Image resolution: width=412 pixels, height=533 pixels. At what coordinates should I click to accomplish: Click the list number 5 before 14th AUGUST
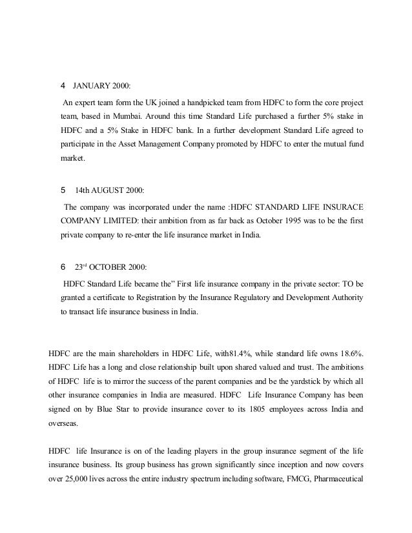point(62,191)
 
